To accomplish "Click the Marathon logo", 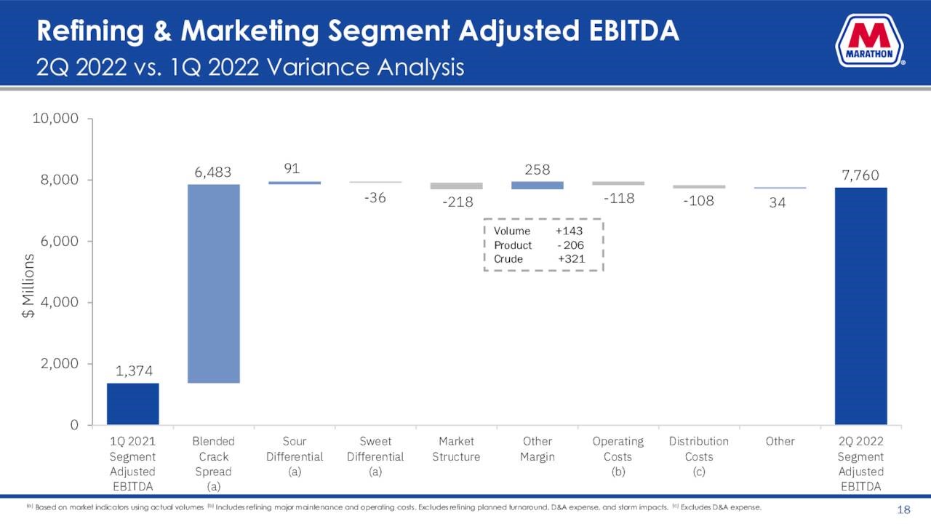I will pyautogui.click(x=869, y=41).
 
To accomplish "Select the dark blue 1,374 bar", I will pyautogui.click(x=132, y=403).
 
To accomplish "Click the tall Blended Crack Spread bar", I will pyautogui.click(x=213, y=283).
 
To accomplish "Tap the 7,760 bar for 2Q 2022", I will pyautogui.click(x=860, y=306).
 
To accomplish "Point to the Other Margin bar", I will pyautogui.click(x=538, y=186).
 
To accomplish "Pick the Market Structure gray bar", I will pyautogui.click(x=457, y=186).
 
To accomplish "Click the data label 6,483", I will pyautogui.click(x=213, y=172).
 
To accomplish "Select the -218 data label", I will pyautogui.click(x=457, y=202).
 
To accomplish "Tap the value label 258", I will pyautogui.click(x=537, y=170).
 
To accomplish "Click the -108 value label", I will pyautogui.click(x=699, y=201).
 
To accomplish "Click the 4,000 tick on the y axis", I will pyautogui.click(x=60, y=302).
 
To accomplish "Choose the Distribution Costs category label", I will pyautogui.click(x=699, y=449).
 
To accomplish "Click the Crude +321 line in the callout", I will pyautogui.click(x=538, y=259).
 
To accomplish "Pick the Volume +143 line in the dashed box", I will pyautogui.click(x=538, y=231).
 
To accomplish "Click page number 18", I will pyautogui.click(x=904, y=509).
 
